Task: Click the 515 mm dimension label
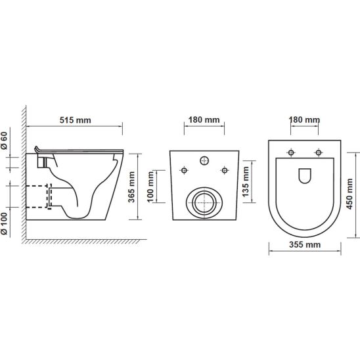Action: [x=76, y=120]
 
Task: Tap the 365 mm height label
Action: [x=131, y=187]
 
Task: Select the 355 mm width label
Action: [x=305, y=244]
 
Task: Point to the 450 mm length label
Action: [x=349, y=194]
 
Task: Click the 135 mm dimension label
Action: [x=246, y=181]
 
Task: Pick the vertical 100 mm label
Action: [x=150, y=187]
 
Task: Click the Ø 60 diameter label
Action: [x=5, y=141]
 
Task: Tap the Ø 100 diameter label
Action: [x=5, y=223]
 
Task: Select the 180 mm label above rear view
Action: [x=204, y=120]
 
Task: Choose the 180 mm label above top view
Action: [x=304, y=120]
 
